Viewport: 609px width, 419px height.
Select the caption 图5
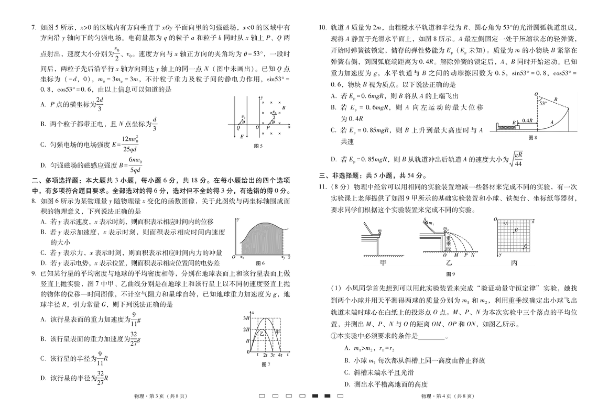point(258,146)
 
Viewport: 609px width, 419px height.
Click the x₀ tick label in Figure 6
point(242,258)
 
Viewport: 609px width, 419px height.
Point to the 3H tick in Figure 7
point(245,318)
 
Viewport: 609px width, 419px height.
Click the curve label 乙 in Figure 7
point(262,333)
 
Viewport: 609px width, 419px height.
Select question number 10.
point(323,27)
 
